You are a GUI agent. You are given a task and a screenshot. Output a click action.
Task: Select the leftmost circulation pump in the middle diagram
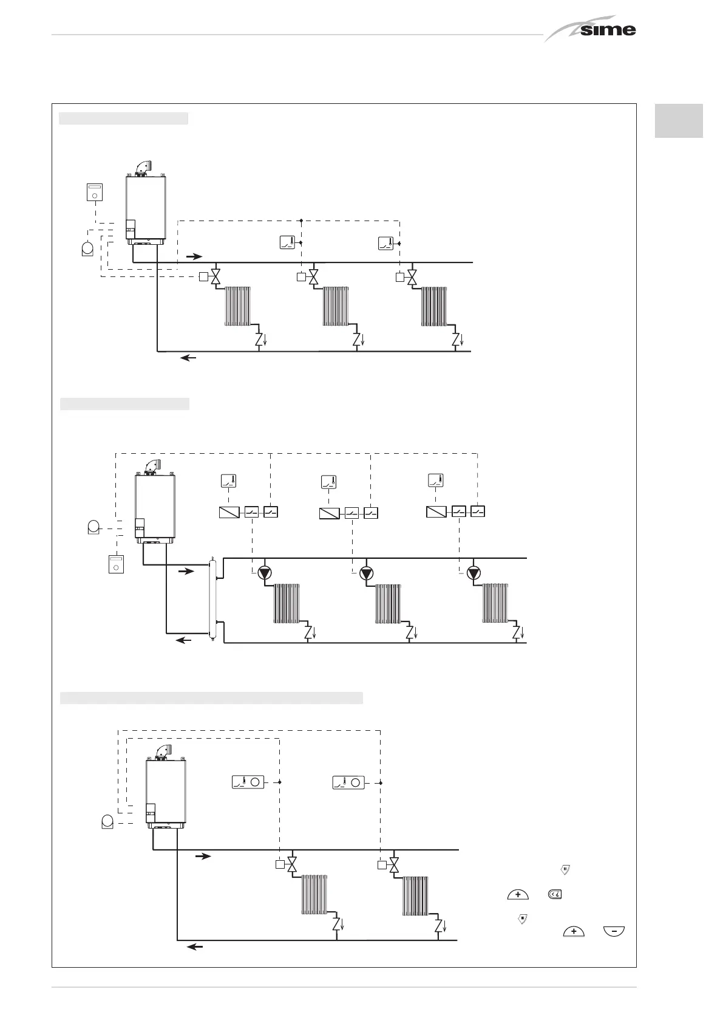[265, 573]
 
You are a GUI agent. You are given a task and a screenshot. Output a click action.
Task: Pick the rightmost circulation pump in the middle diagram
[474, 573]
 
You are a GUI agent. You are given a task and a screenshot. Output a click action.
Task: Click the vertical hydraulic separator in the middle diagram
[212, 599]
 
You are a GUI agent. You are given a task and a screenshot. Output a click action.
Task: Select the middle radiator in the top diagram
[336, 306]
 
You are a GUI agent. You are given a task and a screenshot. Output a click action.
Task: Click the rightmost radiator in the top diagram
[434, 306]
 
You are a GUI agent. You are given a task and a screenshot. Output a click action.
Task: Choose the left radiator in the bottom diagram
[314, 894]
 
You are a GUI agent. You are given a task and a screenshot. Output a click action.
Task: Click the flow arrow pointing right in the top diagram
[194, 257]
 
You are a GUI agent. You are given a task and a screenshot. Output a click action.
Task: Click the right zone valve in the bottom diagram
[395, 864]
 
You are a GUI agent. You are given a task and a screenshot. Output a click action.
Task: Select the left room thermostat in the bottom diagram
[248, 782]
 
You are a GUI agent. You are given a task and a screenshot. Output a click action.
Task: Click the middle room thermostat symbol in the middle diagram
[328, 482]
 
